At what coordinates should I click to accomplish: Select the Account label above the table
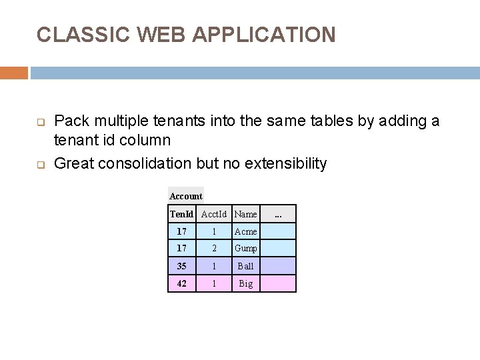(x=185, y=196)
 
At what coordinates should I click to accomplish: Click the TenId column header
(x=181, y=214)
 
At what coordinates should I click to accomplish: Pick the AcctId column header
(x=214, y=214)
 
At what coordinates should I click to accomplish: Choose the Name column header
(x=245, y=214)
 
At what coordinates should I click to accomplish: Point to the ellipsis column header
(x=278, y=214)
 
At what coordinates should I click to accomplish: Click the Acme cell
(x=245, y=231)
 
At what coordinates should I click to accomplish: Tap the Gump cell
(x=245, y=249)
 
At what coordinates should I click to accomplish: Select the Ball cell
(x=245, y=266)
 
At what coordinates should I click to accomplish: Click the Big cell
(x=245, y=283)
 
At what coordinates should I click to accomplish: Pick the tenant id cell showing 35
(x=181, y=266)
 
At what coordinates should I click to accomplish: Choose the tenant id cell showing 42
(x=181, y=283)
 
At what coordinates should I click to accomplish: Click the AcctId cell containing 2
(x=214, y=249)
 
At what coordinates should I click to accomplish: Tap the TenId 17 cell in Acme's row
(x=181, y=231)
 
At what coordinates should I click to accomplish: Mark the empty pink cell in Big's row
(x=277, y=283)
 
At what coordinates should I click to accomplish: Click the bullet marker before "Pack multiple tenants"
(x=40, y=123)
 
